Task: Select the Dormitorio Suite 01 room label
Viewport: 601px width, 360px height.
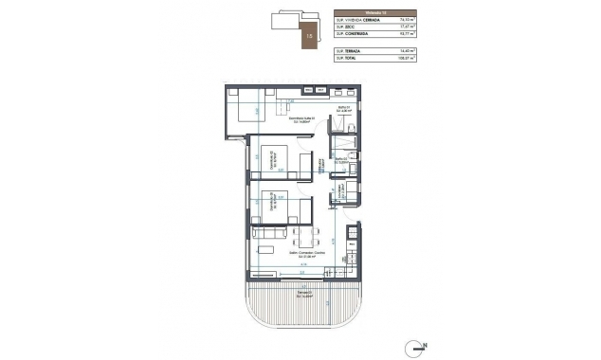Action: [301, 119]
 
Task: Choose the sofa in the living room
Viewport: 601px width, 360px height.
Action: [268, 233]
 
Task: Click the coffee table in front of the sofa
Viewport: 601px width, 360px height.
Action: [269, 251]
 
